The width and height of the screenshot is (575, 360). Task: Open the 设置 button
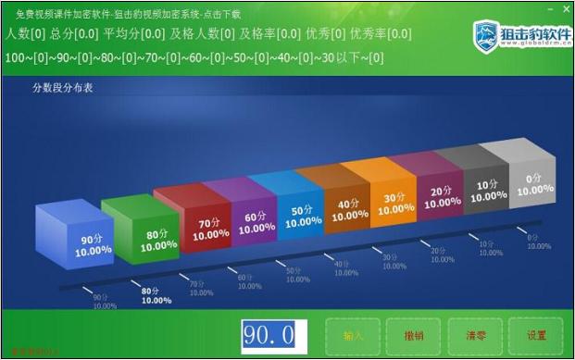(x=536, y=335)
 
